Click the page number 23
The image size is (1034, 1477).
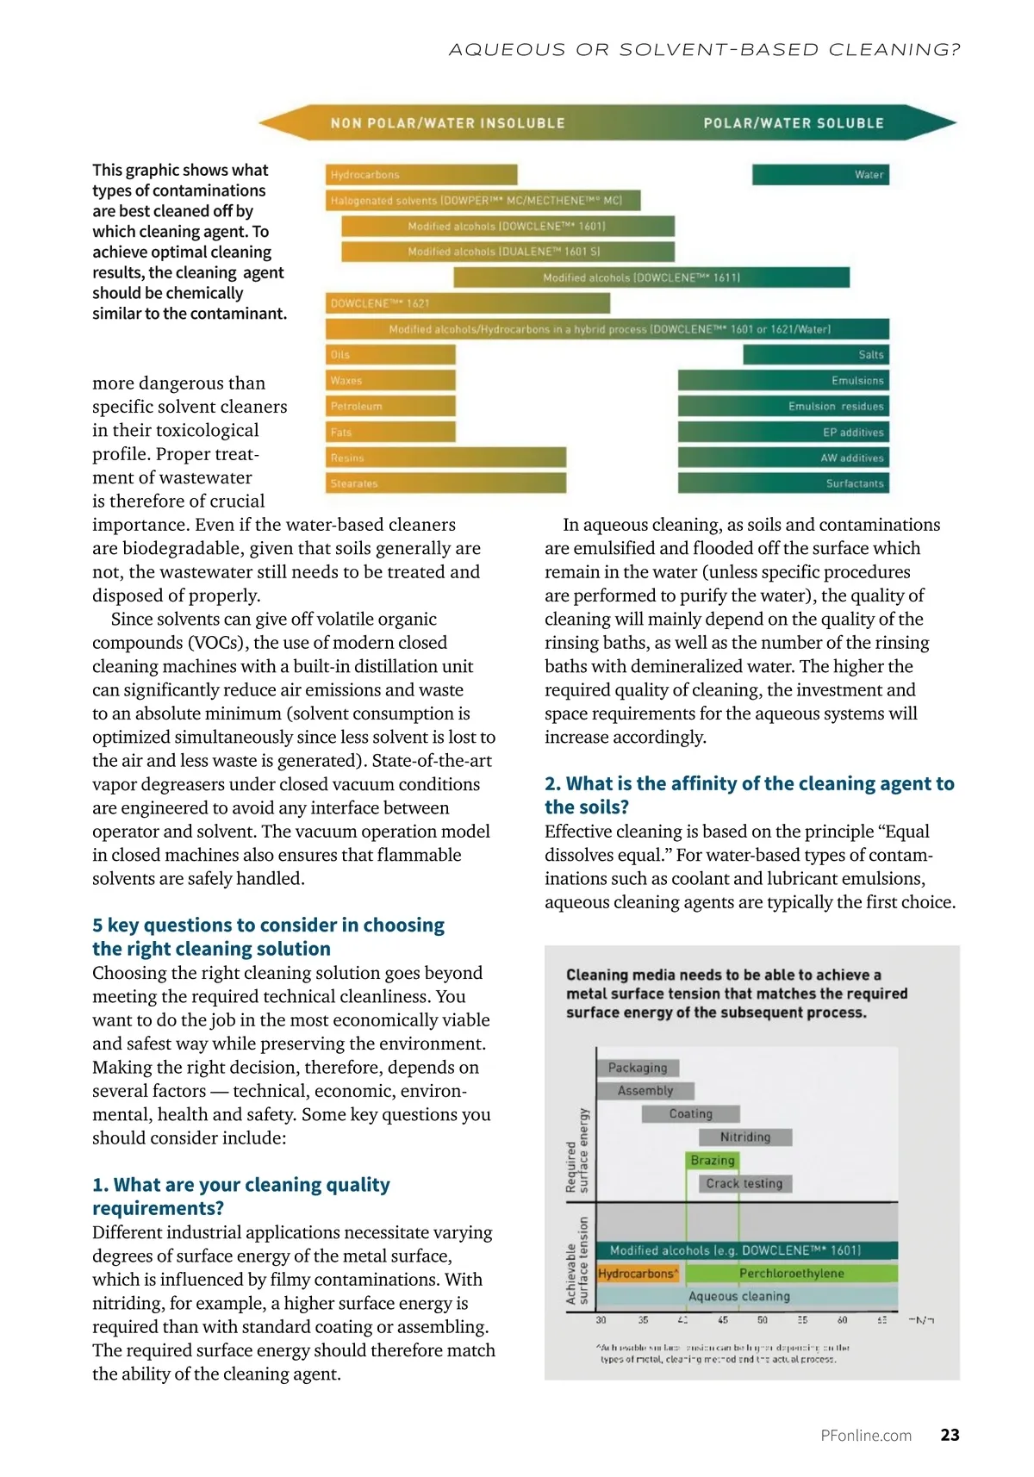click(x=950, y=1435)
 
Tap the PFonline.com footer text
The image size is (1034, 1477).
click(x=866, y=1436)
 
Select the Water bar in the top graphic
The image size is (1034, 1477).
click(x=820, y=175)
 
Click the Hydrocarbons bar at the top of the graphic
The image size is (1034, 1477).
click(x=421, y=175)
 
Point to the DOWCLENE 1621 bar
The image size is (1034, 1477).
click(x=468, y=303)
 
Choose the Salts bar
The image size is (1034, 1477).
click(x=816, y=354)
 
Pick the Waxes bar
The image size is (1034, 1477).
click(x=390, y=380)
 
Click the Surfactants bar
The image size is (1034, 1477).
click(x=783, y=483)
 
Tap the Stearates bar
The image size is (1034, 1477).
click(x=445, y=483)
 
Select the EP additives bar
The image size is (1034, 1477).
click(x=783, y=432)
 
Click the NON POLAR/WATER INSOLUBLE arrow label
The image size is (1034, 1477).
click(x=447, y=123)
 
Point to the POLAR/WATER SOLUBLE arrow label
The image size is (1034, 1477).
click(x=793, y=123)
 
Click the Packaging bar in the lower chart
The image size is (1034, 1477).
click(x=638, y=1068)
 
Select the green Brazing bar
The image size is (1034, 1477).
click(x=713, y=1161)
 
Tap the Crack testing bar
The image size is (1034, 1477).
click(x=744, y=1184)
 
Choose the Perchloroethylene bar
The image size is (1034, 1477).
click(x=792, y=1274)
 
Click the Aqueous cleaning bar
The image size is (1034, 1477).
click(x=739, y=1296)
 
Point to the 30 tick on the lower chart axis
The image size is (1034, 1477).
click(x=601, y=1320)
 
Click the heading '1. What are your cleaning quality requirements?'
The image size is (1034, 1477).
click(x=241, y=1196)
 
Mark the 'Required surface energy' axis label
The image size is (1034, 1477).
click(x=576, y=1150)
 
